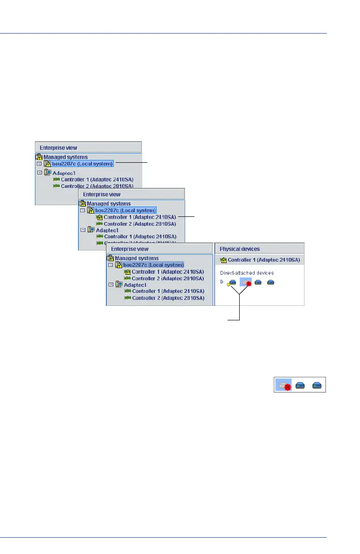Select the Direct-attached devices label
247,272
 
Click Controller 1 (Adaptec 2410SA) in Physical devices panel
263,260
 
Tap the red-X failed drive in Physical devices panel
245,282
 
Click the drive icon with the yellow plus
231,283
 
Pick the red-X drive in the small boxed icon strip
284,385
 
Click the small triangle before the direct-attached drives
222,282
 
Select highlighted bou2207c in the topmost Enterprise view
83,164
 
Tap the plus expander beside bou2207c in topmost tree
39,164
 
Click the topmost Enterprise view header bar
88,147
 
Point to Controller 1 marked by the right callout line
140,217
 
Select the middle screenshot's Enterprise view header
132,194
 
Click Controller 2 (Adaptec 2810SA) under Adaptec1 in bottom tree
168,298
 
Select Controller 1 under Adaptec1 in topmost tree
94,180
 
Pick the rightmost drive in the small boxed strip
317,385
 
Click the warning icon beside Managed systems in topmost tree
39,157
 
